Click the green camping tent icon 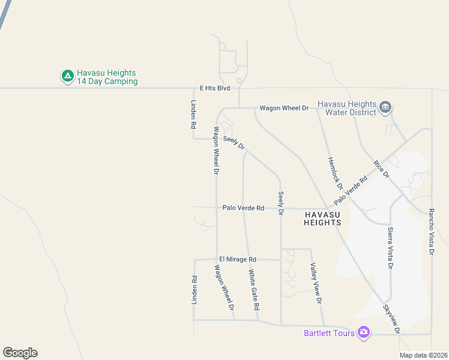pos(67,76)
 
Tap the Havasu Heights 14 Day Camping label pos(106,77)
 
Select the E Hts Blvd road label pos(215,88)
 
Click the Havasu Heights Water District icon pos(385,108)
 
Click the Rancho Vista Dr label pos(431,232)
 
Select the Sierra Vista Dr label pos(390,248)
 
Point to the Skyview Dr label pos(391,318)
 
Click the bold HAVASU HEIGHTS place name pos(322,218)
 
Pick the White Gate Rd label pos(254,289)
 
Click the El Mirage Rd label pos(238,259)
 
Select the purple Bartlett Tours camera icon pos(363,332)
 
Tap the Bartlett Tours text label pos(329,332)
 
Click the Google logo pos(20,353)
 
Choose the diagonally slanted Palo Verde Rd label pos(351,189)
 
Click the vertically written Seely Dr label pos(280,203)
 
